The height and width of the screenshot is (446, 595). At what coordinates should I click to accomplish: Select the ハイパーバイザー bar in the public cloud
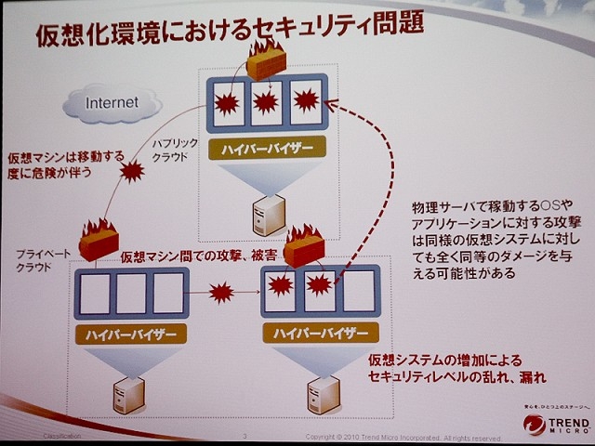(268, 149)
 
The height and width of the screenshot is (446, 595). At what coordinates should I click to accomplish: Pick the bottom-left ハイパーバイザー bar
(130, 333)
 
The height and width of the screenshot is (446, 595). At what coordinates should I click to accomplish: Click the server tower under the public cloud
(268, 215)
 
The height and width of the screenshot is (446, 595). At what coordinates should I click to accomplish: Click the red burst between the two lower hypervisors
(221, 294)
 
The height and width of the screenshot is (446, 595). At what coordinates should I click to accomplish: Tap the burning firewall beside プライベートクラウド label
(99, 241)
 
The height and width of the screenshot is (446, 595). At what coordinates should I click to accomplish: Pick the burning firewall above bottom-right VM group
(303, 246)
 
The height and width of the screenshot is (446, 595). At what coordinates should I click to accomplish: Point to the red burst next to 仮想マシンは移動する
(135, 172)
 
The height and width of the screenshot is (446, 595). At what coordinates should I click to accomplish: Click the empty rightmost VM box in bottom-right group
(353, 289)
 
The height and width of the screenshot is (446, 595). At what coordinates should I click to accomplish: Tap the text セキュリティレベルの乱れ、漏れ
(455, 378)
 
